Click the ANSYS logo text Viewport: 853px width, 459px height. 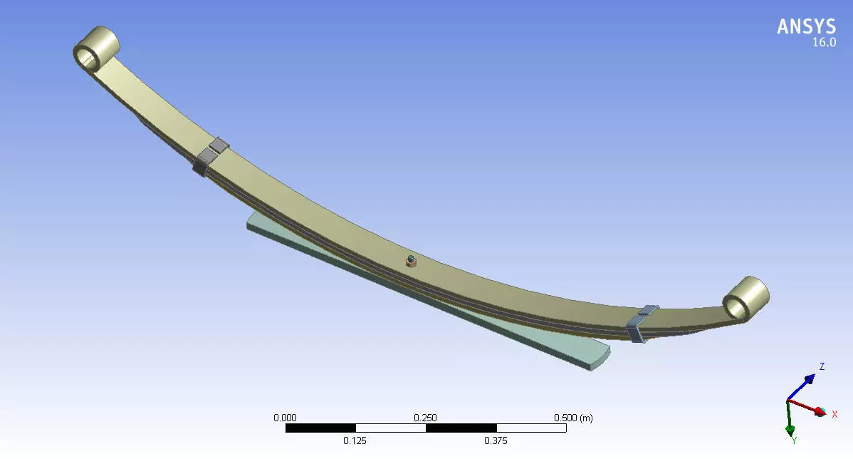point(806,26)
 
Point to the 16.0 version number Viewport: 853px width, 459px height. point(824,43)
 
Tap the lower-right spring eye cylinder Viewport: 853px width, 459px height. point(745,296)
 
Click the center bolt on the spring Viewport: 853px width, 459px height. point(410,261)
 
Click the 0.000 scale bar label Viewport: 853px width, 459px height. point(286,418)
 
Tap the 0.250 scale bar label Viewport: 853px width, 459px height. point(426,418)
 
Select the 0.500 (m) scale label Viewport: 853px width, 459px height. point(572,418)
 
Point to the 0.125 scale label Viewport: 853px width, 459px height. point(355,440)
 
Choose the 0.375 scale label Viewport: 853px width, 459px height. point(496,440)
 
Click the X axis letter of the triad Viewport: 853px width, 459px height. point(834,414)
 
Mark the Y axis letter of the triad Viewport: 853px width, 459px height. point(794,440)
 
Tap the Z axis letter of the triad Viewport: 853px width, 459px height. point(822,366)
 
